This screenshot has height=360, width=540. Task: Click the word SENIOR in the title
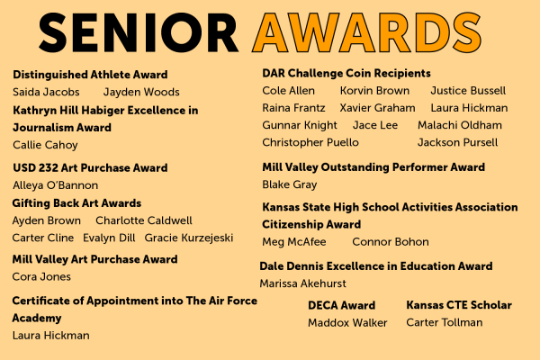[139, 32]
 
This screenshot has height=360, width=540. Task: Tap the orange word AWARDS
[366, 32]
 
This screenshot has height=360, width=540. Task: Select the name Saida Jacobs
[46, 92]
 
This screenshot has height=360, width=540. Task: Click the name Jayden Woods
[141, 93]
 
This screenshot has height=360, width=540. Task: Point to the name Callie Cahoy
[45, 145]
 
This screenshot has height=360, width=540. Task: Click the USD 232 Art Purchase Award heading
[90, 167]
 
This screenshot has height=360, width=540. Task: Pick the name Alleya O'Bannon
[56, 185]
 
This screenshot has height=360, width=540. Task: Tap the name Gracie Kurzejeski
[189, 238]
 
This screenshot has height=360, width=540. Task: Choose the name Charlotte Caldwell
[144, 220]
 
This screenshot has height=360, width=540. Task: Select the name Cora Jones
[41, 276]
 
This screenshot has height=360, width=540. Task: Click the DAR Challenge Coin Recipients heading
[346, 74]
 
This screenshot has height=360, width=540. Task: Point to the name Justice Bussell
[468, 91]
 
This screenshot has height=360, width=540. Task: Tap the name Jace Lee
[375, 125]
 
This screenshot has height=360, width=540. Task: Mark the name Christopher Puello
[310, 142]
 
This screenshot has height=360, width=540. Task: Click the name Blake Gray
[290, 184]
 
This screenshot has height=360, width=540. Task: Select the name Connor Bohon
[391, 242]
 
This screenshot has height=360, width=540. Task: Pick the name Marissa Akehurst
[302, 283]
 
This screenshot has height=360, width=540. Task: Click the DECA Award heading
[342, 305]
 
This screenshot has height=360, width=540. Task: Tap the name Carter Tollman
[445, 322]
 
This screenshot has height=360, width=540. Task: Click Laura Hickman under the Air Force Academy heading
[51, 336]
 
